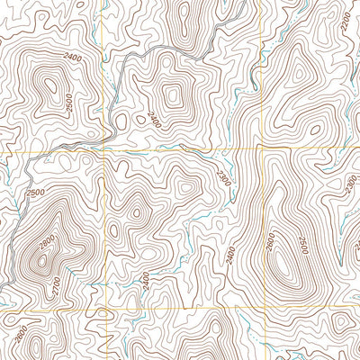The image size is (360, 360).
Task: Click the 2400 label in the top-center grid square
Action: (x=157, y=120)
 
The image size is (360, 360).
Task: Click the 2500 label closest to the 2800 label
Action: (x=36, y=193)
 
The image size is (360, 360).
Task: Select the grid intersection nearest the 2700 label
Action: (x=108, y=310)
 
